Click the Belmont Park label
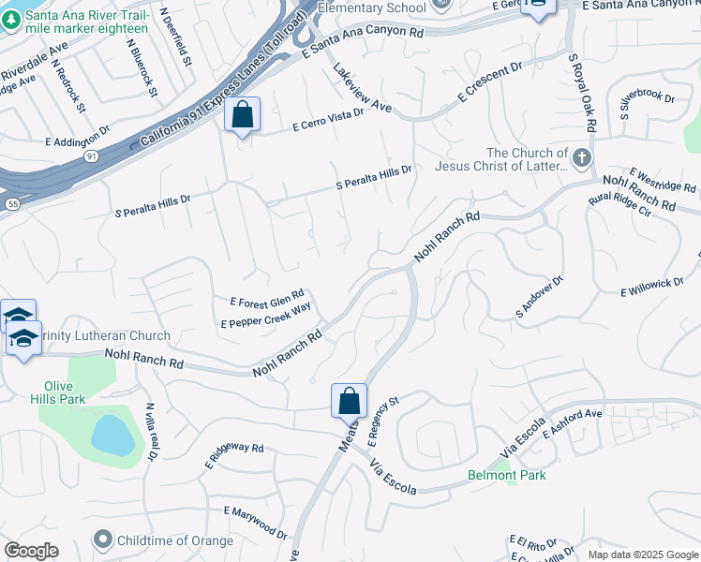[506, 475]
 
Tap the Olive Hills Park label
[65, 392]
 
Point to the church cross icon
[582, 157]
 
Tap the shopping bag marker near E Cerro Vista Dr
[243, 115]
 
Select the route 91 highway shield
[91, 155]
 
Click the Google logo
[32, 551]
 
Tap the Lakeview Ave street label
[362, 88]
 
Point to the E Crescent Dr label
[489, 83]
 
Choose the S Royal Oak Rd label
[580, 94]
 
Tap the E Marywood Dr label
[256, 523]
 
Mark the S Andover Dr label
[539, 296]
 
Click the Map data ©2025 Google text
[642, 554]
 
